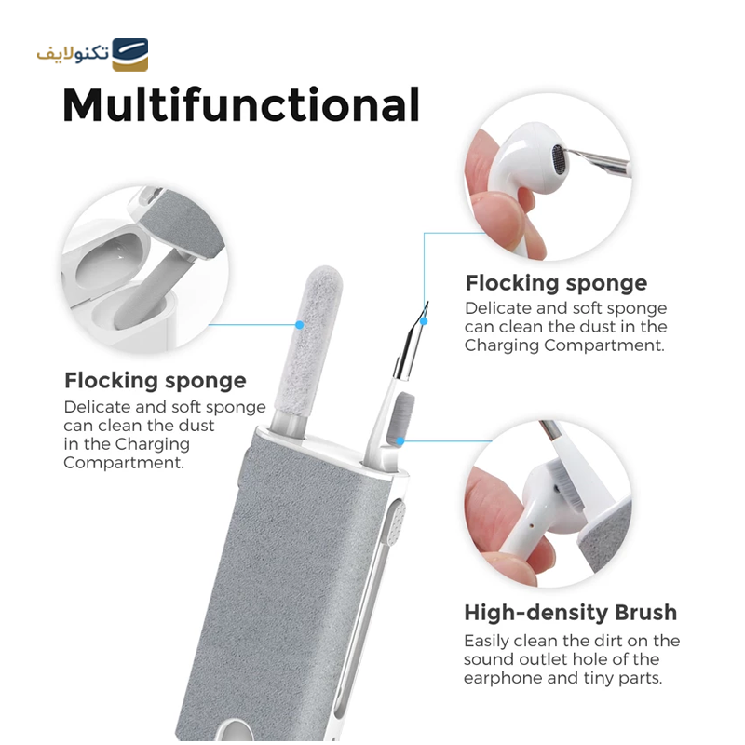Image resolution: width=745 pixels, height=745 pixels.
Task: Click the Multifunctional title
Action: point(241,105)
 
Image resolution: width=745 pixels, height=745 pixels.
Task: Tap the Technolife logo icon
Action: point(129,55)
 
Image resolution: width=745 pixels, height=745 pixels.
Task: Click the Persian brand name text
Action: point(74,53)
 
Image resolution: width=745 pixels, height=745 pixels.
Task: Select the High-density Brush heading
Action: point(570,613)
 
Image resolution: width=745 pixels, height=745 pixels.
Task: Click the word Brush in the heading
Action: point(645,613)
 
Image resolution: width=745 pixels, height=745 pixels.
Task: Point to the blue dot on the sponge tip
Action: point(299,325)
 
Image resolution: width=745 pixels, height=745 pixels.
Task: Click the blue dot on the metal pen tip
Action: point(424,321)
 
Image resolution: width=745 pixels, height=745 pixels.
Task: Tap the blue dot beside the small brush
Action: point(400,441)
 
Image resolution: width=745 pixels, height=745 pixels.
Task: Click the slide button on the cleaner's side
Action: point(397,523)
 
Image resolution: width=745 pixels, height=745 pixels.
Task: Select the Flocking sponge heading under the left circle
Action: point(156,381)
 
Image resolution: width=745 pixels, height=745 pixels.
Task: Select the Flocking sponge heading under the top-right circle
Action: point(556,284)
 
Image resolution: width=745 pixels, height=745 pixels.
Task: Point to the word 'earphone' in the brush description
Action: point(503,678)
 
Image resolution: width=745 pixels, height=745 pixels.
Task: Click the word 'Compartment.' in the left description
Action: point(124,463)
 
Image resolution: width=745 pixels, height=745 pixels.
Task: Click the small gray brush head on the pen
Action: point(401,418)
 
